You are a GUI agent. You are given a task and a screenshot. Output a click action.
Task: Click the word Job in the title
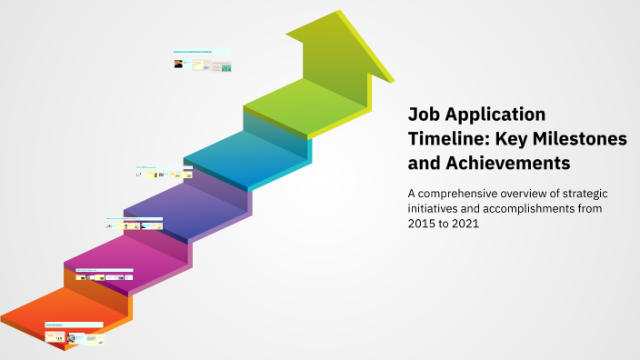(425, 115)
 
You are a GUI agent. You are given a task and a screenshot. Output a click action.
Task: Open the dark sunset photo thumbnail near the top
(178, 65)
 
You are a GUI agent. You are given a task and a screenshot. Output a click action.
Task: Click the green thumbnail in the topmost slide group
(226, 67)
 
